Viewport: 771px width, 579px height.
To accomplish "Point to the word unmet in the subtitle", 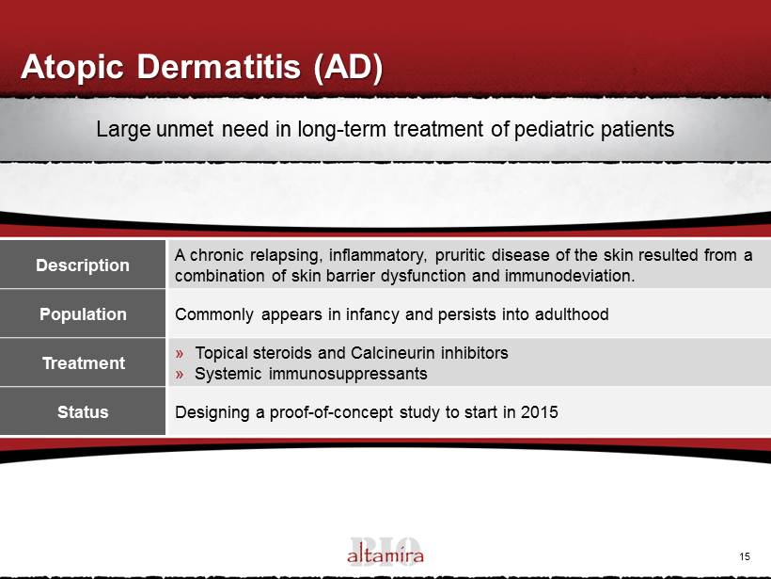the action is click(x=185, y=130).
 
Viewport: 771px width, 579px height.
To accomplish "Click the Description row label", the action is click(x=83, y=265).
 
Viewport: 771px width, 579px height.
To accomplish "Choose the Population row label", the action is click(x=83, y=314).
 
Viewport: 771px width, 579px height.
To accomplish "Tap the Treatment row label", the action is click(x=84, y=362).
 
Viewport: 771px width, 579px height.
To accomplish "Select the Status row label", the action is click(x=83, y=411).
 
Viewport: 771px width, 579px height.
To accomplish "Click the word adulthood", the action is click(x=572, y=314).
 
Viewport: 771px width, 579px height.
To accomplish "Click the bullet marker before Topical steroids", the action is click(x=180, y=353).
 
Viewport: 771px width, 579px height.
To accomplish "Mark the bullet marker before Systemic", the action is click(x=180, y=375).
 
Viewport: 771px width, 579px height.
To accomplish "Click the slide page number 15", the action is click(x=745, y=556).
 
